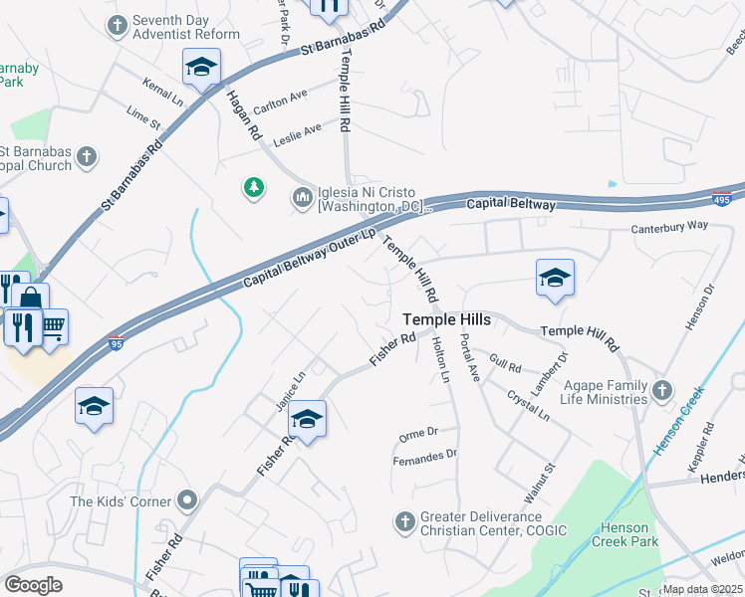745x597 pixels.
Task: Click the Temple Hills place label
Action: click(x=446, y=319)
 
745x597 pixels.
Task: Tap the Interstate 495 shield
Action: click(x=720, y=198)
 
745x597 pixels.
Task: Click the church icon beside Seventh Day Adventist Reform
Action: click(x=118, y=25)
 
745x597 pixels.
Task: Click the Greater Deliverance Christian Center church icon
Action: click(x=404, y=521)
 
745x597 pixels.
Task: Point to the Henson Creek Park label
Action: click(x=624, y=534)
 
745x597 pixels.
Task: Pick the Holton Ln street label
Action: click(x=440, y=360)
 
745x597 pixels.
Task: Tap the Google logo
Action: click(x=33, y=584)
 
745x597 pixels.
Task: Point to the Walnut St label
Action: click(x=538, y=478)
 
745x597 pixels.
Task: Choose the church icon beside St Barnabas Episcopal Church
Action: click(x=88, y=156)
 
